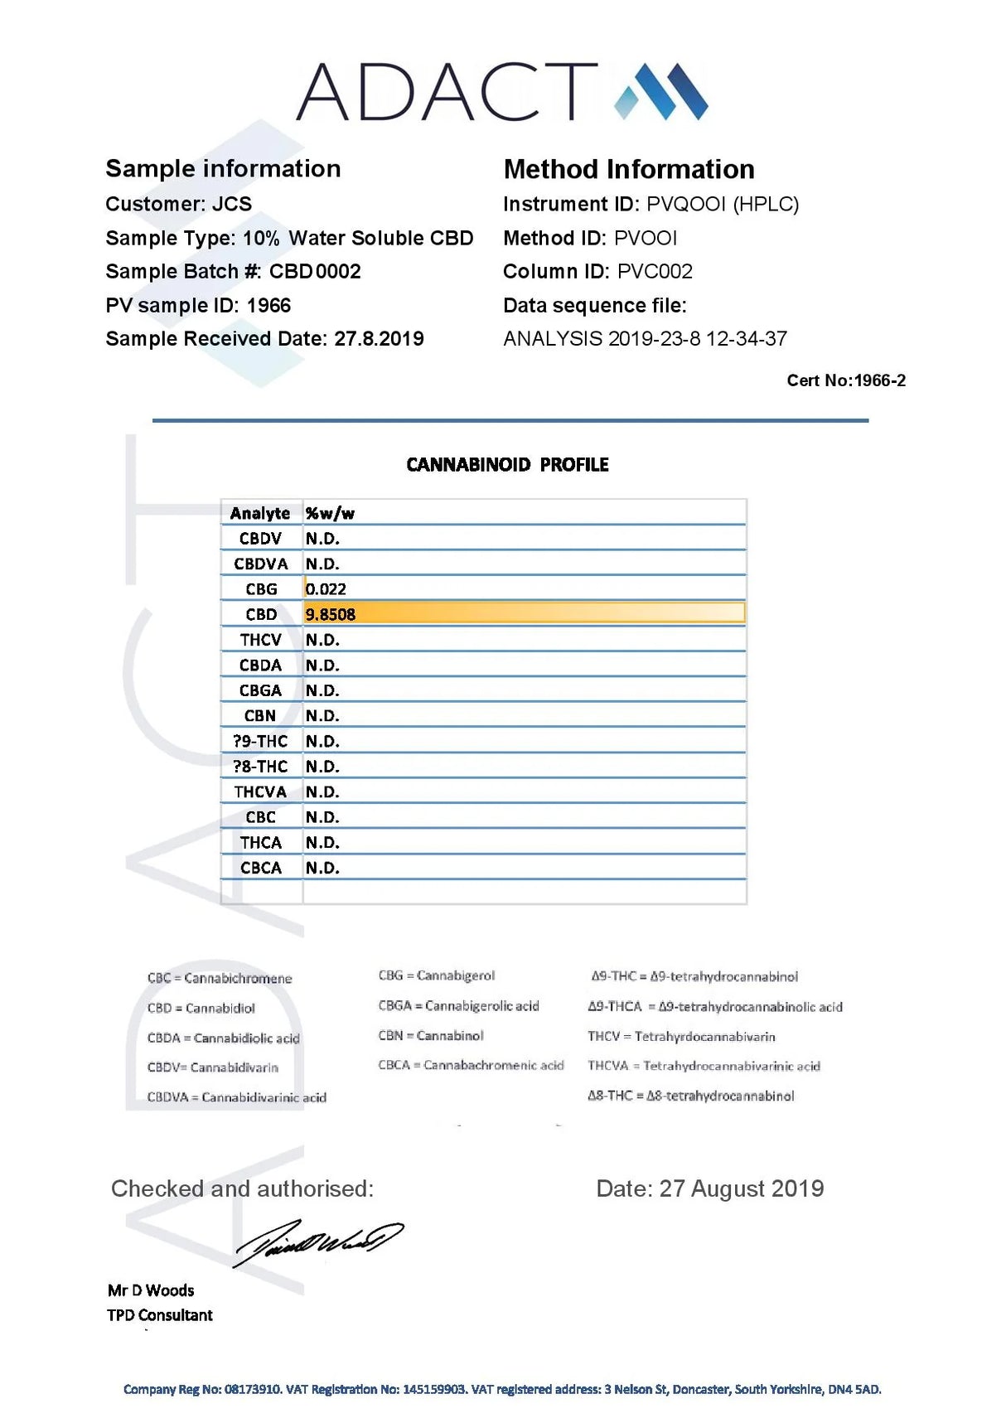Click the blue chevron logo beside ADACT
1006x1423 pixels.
point(660,91)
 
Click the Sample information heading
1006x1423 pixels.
point(223,169)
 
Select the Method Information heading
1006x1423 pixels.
point(629,170)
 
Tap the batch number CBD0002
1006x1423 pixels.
point(315,272)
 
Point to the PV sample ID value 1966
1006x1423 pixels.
point(268,306)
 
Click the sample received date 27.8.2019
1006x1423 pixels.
point(379,339)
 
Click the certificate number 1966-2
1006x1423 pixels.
point(879,380)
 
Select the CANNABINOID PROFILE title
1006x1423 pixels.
point(507,465)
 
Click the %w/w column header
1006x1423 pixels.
point(330,514)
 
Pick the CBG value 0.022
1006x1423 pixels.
point(326,589)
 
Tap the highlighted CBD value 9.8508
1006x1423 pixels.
point(331,615)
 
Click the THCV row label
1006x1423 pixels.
point(260,640)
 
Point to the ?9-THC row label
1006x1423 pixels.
point(260,742)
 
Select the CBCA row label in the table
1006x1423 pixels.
point(260,868)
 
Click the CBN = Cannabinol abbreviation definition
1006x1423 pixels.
point(431,1036)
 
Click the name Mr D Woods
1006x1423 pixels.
point(151,1290)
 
